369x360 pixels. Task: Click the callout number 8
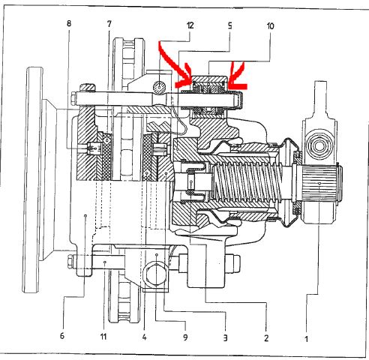[69, 23]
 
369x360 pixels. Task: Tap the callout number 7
[109, 24]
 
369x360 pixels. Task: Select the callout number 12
[190, 25]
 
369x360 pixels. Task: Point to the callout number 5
[230, 25]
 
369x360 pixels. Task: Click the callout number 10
[270, 26]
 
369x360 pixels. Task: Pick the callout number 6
[62, 335]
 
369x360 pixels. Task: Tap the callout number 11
[103, 337]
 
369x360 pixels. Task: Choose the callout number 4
[144, 337]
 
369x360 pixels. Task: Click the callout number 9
[185, 337]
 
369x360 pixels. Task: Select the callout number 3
[225, 338]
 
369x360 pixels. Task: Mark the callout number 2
[266, 338]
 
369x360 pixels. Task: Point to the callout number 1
[306, 339]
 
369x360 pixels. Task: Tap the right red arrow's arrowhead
[235, 81]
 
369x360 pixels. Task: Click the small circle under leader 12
[159, 88]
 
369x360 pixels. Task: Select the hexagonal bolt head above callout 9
[156, 274]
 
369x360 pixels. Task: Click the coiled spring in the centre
[247, 182]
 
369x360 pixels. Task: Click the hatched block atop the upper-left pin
[88, 88]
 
